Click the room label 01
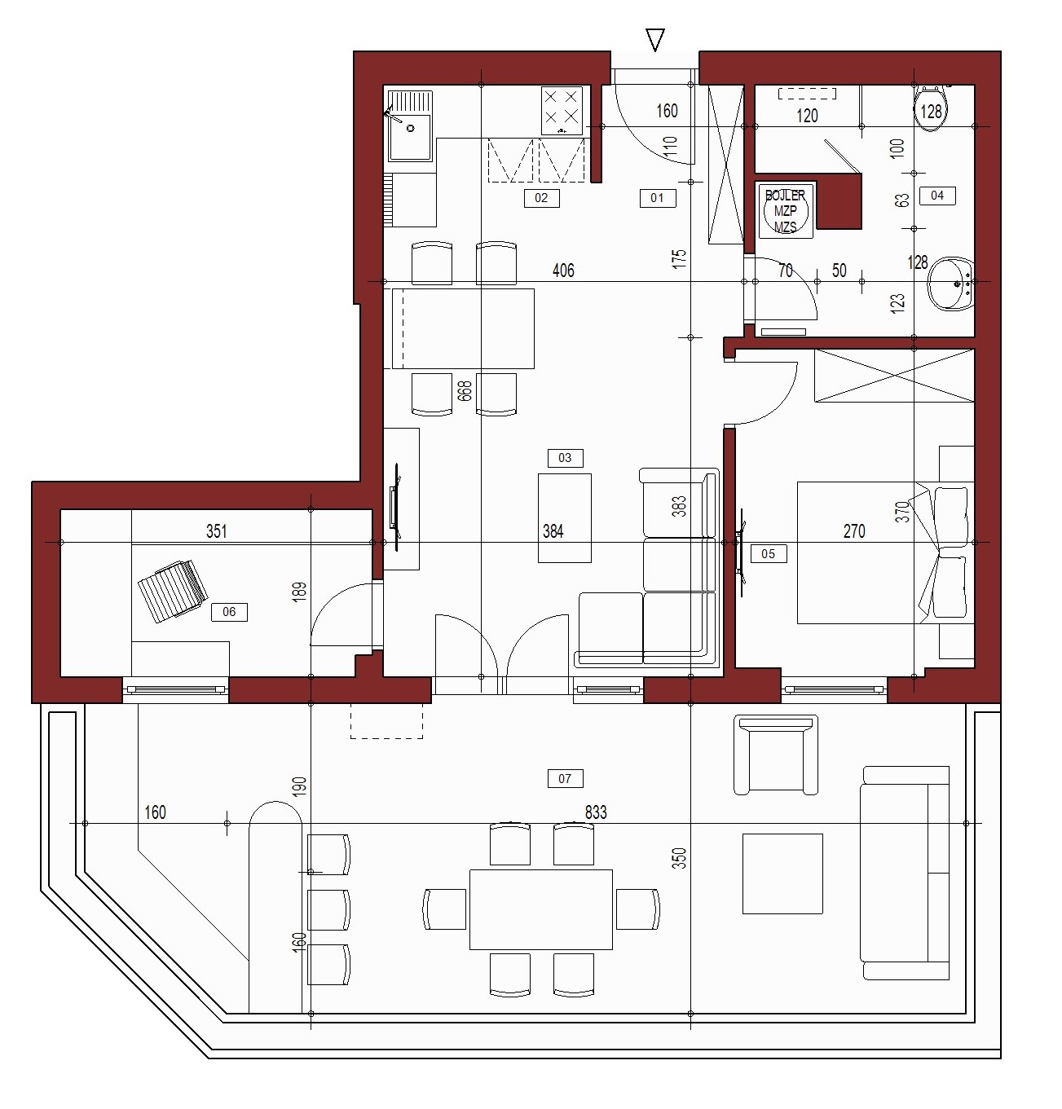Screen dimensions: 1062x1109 pyautogui.click(x=657, y=198)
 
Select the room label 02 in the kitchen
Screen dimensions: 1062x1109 pyautogui.click(x=541, y=198)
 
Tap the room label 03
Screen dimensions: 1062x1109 pyautogui.click(x=565, y=458)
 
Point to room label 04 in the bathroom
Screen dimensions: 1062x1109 pyautogui.click(x=937, y=196)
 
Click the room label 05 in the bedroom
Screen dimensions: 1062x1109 pyautogui.click(x=768, y=553)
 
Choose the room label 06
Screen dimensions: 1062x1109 pyautogui.click(x=229, y=611)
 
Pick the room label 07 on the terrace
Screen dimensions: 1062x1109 pyautogui.click(x=565, y=778)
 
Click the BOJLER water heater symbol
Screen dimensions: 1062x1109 pyautogui.click(x=786, y=211)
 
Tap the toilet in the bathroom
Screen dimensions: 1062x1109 pyautogui.click(x=931, y=108)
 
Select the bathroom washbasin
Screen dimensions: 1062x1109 pyautogui.click(x=951, y=284)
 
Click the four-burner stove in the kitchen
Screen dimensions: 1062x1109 pyautogui.click(x=562, y=111)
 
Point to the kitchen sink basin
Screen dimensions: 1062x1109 pyautogui.click(x=411, y=137)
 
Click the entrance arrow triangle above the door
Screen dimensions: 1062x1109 pyautogui.click(x=655, y=41)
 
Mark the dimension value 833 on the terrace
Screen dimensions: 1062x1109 pyautogui.click(x=596, y=812)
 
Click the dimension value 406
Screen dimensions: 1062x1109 pyautogui.click(x=563, y=271)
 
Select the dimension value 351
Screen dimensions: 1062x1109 pyautogui.click(x=217, y=531)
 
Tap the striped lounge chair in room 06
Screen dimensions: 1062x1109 pyautogui.click(x=173, y=591)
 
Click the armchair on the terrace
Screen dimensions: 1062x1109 pyautogui.click(x=776, y=755)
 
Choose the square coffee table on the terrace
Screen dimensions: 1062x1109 pyautogui.click(x=782, y=874)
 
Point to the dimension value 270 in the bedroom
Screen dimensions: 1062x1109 pyautogui.click(x=854, y=531)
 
